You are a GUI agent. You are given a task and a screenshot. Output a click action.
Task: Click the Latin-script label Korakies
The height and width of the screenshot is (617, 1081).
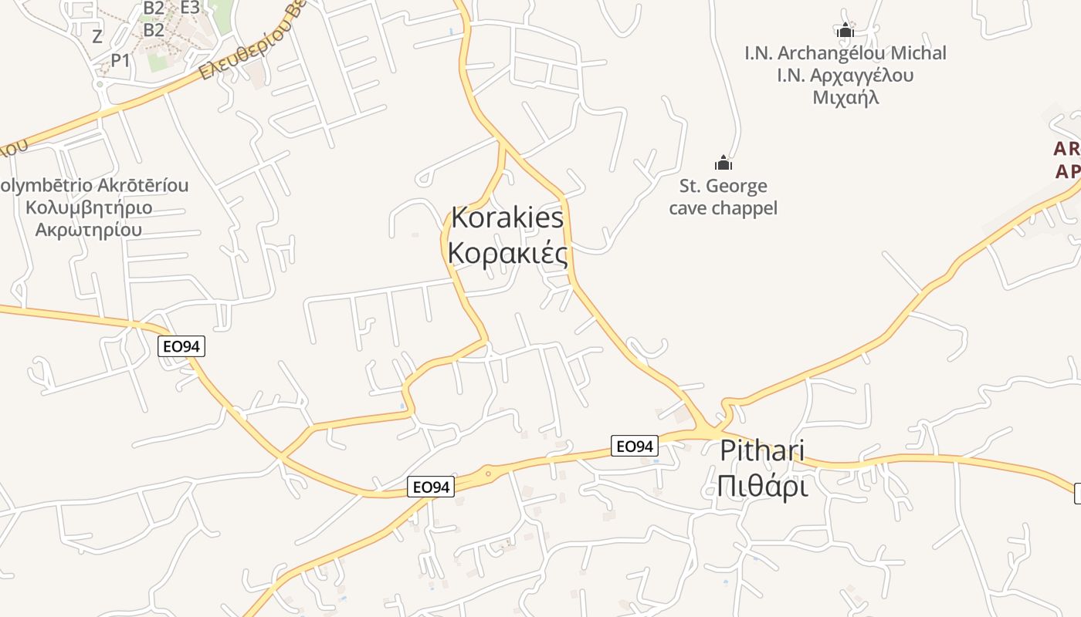(507, 218)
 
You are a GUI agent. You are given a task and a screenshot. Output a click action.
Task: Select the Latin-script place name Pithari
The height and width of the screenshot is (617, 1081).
(761, 450)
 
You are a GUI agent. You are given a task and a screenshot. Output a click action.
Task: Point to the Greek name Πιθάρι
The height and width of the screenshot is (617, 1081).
(761, 487)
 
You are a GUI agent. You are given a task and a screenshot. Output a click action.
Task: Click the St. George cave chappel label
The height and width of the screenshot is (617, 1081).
(723, 197)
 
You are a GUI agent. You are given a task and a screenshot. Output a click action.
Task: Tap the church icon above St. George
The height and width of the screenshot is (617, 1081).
(723, 163)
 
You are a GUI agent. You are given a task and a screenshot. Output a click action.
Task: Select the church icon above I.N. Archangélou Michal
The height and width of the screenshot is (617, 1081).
(845, 30)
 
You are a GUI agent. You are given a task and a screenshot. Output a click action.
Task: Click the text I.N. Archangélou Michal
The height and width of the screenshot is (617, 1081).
(845, 53)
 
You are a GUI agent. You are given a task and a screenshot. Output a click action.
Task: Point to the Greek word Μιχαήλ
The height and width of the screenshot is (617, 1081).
(846, 98)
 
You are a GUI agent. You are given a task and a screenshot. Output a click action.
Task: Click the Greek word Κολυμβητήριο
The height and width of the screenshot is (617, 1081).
(89, 207)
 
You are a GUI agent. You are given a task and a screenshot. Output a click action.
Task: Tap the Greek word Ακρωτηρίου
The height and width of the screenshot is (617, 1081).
(89, 230)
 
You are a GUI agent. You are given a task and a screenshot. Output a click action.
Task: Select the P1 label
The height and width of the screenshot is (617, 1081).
(121, 60)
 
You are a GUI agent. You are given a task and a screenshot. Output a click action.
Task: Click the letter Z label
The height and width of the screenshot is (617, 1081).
(97, 36)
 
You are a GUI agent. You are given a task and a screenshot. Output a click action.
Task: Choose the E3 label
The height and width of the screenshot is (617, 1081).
(190, 8)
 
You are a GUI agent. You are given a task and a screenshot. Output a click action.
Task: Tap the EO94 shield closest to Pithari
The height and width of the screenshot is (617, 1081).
(634, 446)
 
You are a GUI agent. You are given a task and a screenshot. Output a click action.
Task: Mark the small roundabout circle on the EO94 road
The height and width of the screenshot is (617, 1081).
(488, 474)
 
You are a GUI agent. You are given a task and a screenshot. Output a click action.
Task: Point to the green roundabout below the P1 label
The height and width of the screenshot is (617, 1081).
(100, 84)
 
